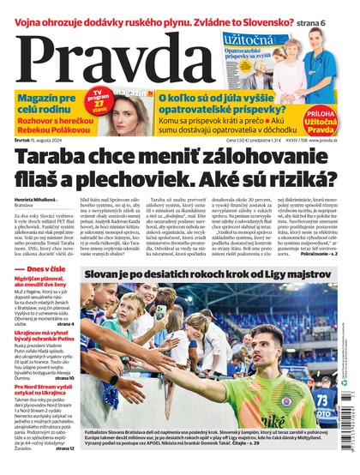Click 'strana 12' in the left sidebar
(65, 448)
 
